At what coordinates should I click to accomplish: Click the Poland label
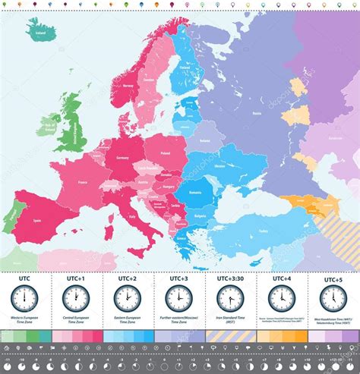tap(166, 152)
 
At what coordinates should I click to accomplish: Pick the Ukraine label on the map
tap(219, 165)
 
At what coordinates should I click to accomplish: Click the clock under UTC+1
tap(76, 297)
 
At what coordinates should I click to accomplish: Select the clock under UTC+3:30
tap(230, 297)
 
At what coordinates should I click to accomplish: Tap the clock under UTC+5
tap(333, 297)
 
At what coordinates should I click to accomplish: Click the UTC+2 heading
tap(127, 278)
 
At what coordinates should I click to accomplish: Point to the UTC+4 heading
tap(281, 278)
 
